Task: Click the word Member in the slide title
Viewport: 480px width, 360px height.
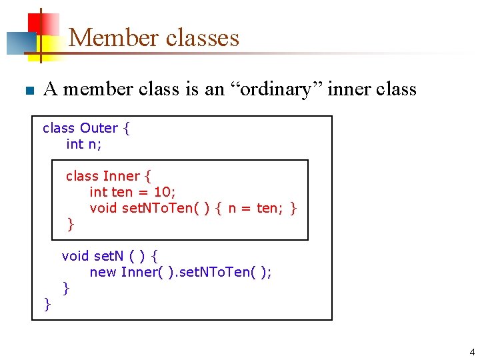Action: click(x=113, y=37)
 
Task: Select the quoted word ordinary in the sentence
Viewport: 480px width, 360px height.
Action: click(x=283, y=89)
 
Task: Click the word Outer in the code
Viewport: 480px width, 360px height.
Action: click(x=99, y=128)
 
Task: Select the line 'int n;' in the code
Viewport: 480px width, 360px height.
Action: click(x=84, y=144)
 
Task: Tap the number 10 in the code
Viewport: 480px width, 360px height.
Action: click(x=163, y=192)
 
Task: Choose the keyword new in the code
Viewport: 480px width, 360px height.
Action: click(x=103, y=272)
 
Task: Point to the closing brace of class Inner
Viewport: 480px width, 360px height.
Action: click(x=71, y=225)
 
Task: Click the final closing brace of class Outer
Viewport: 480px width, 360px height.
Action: click(x=47, y=304)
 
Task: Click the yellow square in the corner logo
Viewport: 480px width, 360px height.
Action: click(x=49, y=45)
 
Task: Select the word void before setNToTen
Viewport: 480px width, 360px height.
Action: click(x=103, y=208)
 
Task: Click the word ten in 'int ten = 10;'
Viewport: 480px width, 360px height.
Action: click(x=122, y=192)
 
